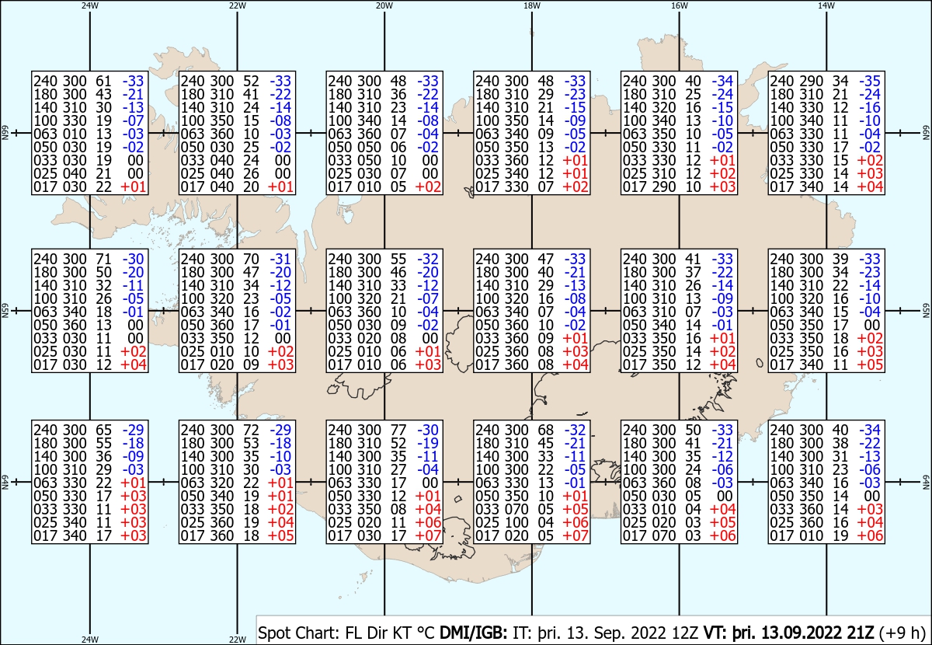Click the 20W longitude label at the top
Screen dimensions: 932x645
pos(384,5)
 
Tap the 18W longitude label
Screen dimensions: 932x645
pos(532,5)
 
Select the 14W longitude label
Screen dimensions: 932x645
pos(826,5)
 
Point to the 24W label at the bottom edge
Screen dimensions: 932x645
pos(90,639)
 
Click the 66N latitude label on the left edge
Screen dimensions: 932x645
pos(5,133)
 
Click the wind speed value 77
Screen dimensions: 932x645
pos(398,430)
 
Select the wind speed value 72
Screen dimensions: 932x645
pos(251,430)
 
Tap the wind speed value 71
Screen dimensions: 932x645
pos(103,259)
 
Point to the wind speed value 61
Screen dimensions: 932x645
pos(103,81)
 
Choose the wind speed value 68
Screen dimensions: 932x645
pos(545,430)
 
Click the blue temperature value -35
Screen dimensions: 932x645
pos(870,81)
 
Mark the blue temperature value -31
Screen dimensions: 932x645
pos(280,259)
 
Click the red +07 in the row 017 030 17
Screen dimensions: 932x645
pos(428,536)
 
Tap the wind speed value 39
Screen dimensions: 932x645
pos(840,259)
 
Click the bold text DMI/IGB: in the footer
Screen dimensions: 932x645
pos(474,633)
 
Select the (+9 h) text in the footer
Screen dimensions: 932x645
pos(902,633)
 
